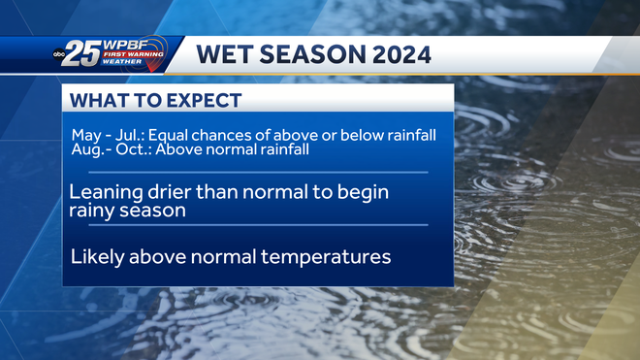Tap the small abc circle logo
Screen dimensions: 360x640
[59, 56]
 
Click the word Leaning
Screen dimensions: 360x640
[105, 191]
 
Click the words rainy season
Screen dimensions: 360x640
[127, 210]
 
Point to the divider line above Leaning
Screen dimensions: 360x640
[258, 172]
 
